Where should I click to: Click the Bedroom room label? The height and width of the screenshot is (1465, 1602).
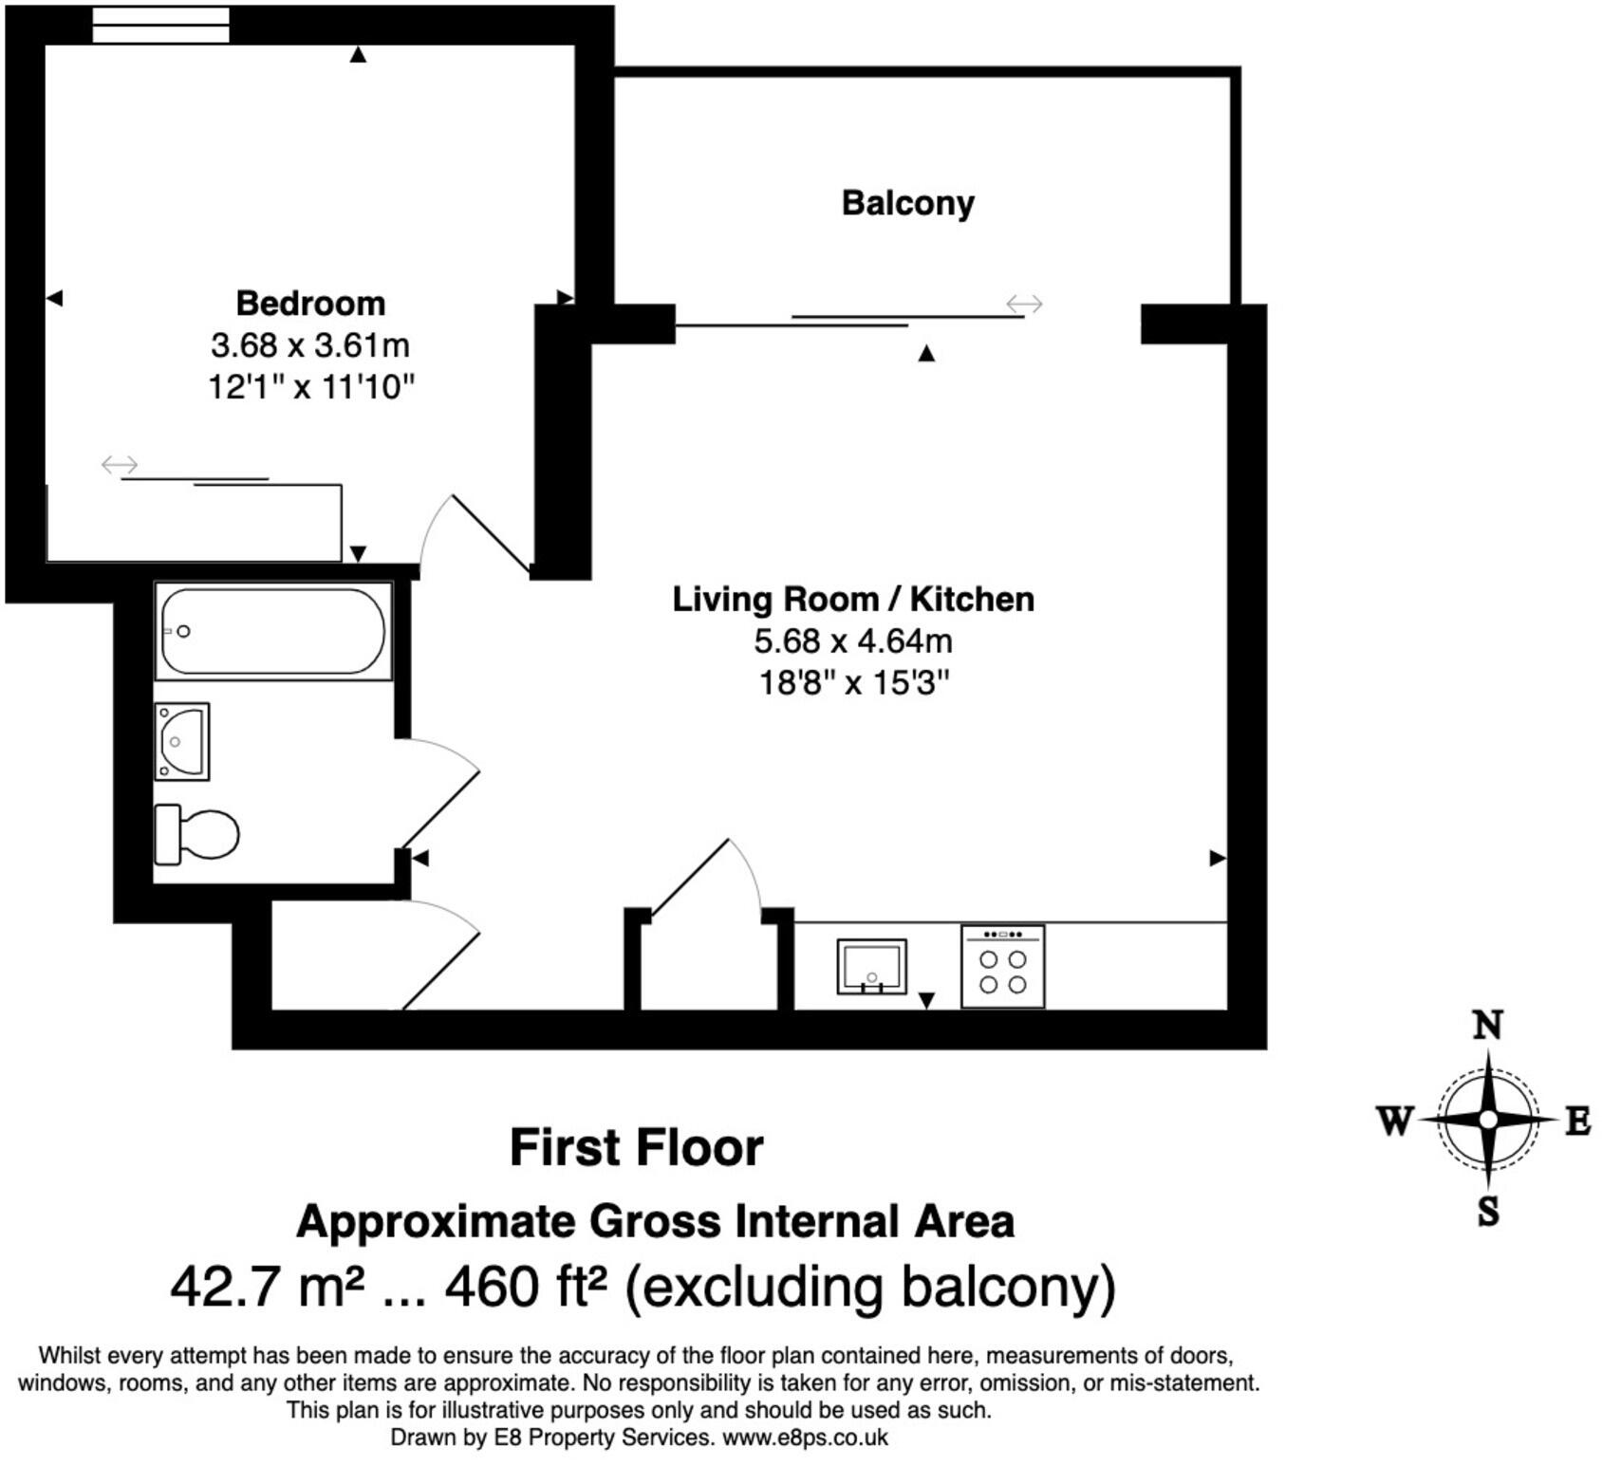pyautogui.click(x=310, y=303)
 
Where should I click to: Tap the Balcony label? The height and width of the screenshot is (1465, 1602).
pyautogui.click(x=908, y=203)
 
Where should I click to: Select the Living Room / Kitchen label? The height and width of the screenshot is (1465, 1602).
pyautogui.click(x=853, y=599)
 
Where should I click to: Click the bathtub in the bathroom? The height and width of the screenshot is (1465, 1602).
pyautogui.click(x=273, y=631)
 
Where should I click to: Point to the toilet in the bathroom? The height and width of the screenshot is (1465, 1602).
pyautogui.click(x=196, y=834)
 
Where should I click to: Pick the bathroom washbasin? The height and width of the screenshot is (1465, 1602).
pyautogui.click(x=181, y=741)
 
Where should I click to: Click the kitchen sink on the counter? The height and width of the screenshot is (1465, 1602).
pyautogui.click(x=871, y=966)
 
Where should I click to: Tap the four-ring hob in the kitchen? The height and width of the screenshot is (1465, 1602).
pyautogui.click(x=1002, y=966)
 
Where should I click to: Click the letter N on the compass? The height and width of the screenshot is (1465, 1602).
pyautogui.click(x=1487, y=1026)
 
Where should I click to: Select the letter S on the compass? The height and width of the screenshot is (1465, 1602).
pyautogui.click(x=1488, y=1212)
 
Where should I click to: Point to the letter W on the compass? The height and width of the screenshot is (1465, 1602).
pyautogui.click(x=1395, y=1121)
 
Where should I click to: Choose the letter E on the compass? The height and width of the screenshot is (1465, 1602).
pyautogui.click(x=1577, y=1122)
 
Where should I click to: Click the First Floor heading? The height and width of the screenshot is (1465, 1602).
pyautogui.click(x=637, y=1147)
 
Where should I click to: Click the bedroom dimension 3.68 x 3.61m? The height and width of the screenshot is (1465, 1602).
pyautogui.click(x=310, y=344)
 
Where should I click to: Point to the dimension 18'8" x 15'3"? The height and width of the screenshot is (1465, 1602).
pyautogui.click(x=854, y=682)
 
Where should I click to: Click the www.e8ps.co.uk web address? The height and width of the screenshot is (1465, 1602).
pyautogui.click(x=806, y=1437)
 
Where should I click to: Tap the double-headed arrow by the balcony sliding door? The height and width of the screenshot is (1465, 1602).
pyautogui.click(x=1025, y=304)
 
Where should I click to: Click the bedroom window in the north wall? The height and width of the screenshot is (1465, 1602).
pyautogui.click(x=161, y=25)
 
